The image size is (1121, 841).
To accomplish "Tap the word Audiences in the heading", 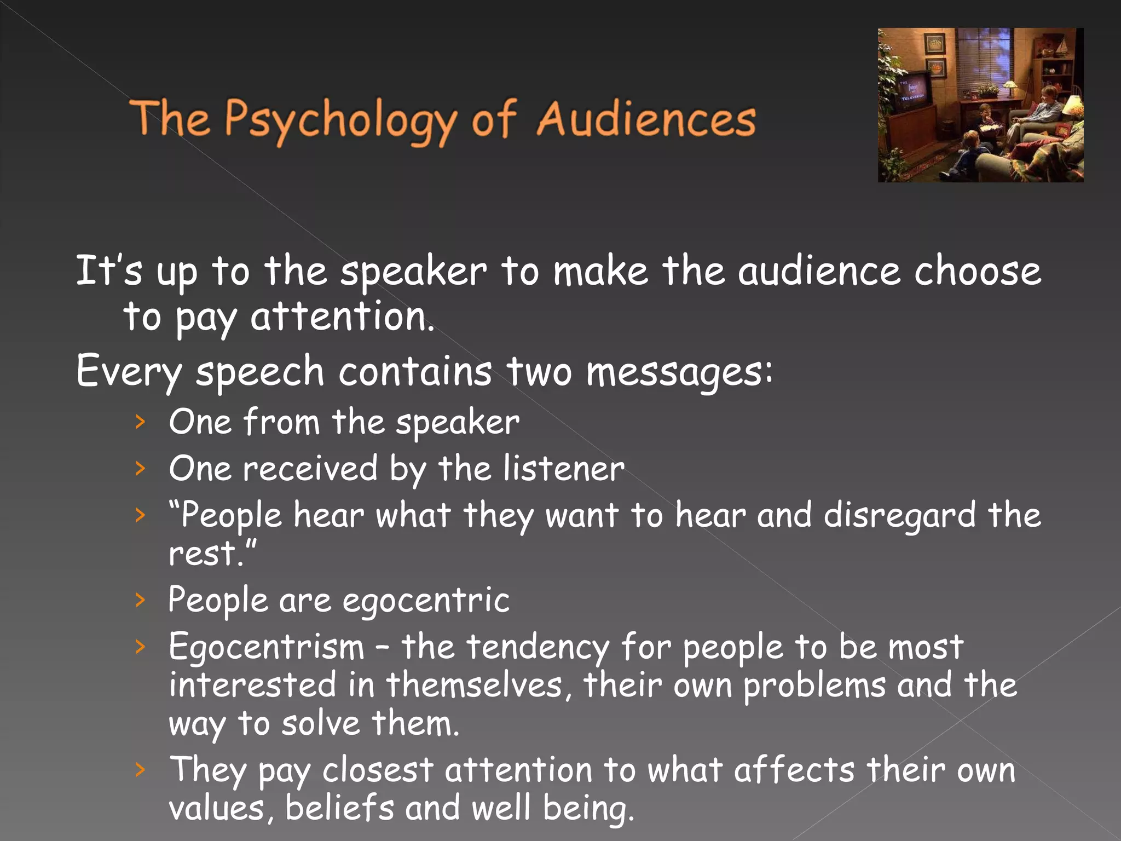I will point(646,119).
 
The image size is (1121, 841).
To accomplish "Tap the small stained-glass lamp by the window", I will point(1010,87).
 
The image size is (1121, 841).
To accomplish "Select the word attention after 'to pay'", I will point(342,318).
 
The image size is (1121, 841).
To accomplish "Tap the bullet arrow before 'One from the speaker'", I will point(141,422).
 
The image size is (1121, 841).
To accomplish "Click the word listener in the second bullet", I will point(563,469).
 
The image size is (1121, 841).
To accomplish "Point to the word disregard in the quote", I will point(899,515).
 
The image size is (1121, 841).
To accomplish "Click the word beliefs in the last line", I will point(339,808).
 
